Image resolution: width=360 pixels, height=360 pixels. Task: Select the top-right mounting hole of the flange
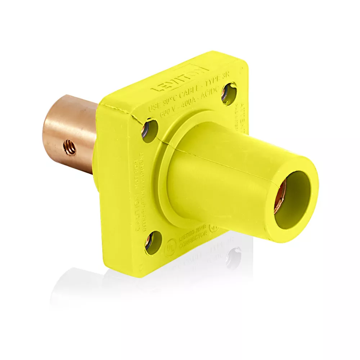[229, 94]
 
